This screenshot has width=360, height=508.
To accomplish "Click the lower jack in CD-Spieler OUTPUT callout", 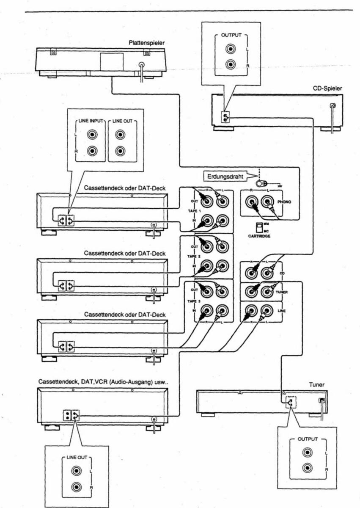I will (x=230, y=65).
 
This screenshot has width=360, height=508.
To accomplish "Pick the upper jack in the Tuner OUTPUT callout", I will (x=307, y=453).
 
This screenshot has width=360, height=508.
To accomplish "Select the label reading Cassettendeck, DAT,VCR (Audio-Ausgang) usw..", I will (x=104, y=382).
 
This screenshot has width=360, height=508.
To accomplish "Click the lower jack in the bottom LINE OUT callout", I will (x=76, y=487).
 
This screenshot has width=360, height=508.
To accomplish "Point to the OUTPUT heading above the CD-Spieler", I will (x=231, y=35).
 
